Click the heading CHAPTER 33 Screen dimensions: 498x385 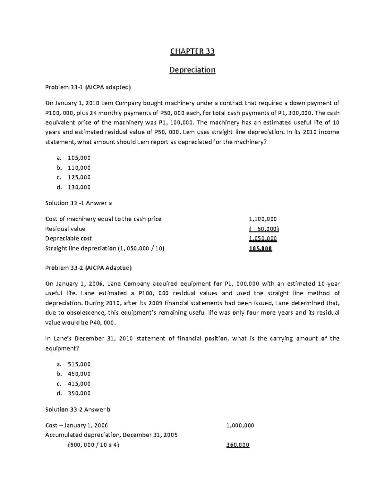(192, 51)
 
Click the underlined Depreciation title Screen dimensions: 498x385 (192, 70)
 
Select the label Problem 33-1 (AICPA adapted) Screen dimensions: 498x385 (88, 87)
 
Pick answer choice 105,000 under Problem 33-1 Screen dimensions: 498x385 (79, 158)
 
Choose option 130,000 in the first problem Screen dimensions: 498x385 (79, 187)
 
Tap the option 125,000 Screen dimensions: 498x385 (79, 177)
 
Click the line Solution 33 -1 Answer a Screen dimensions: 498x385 (79, 203)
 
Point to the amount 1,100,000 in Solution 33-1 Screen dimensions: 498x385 (262, 219)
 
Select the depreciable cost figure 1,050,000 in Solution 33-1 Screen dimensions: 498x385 (262, 239)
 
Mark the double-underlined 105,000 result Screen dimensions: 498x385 (260, 249)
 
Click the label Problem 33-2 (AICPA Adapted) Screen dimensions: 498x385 (89, 267)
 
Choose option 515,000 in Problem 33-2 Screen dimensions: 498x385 (79, 364)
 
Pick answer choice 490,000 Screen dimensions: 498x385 (79, 374)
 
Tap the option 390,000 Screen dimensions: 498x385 (79, 393)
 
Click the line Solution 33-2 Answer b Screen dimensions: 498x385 (78, 409)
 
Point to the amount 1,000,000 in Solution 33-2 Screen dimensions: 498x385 (240, 426)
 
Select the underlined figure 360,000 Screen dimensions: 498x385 (238, 445)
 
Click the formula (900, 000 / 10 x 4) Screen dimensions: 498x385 (93, 445)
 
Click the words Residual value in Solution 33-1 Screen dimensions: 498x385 (65, 229)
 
